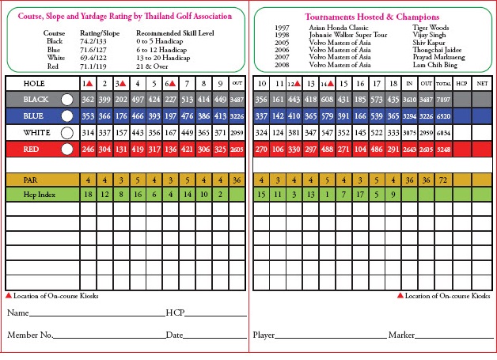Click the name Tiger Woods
pos(431,27)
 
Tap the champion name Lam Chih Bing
pos(434,65)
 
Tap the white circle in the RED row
pos(66,149)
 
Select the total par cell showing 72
pos(442,180)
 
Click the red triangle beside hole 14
pos(331,84)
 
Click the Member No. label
pos(28,335)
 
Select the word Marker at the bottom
pos(401,335)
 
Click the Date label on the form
pos(174,335)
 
